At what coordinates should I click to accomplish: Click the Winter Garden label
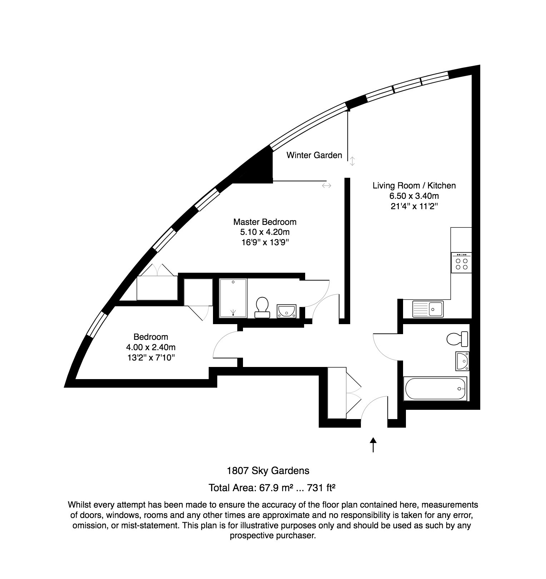[314, 155]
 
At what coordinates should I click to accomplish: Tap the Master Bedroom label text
[265, 222]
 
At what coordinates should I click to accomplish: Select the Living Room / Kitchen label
[414, 186]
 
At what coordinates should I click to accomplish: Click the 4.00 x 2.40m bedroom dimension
[150, 347]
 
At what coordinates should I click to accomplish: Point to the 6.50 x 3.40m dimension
[414, 196]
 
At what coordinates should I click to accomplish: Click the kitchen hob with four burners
[461, 263]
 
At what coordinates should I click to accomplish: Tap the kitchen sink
[428, 309]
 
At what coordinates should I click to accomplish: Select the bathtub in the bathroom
[436, 388]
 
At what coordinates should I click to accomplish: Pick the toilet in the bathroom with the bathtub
[457, 339]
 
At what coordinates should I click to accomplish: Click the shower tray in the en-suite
[233, 298]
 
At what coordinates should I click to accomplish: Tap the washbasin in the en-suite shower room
[286, 311]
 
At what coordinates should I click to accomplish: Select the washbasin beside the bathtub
[462, 361]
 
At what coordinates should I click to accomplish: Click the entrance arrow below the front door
[373, 445]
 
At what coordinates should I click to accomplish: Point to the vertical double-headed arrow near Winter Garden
[352, 161]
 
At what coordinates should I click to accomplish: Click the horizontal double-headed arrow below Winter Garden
[327, 186]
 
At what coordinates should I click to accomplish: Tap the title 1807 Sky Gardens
[268, 470]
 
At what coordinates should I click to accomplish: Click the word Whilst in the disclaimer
[79, 505]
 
